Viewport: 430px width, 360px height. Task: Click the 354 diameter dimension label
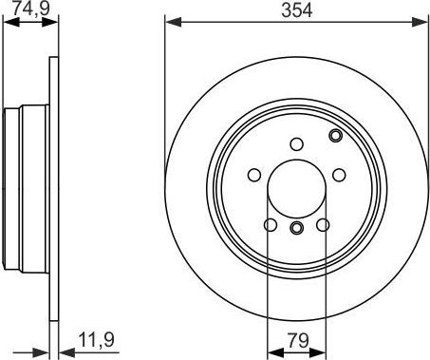(x=296, y=9)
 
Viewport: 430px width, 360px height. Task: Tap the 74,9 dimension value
(x=30, y=9)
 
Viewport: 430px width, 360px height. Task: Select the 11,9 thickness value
(x=96, y=340)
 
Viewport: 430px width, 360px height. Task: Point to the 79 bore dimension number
(x=298, y=341)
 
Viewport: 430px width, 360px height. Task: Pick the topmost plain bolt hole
(x=296, y=144)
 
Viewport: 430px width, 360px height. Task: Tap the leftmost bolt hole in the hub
(x=254, y=175)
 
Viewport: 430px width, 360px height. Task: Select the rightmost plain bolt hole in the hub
(x=339, y=175)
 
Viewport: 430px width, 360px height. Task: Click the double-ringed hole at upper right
(x=335, y=136)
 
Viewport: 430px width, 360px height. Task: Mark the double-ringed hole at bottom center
(x=296, y=227)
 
